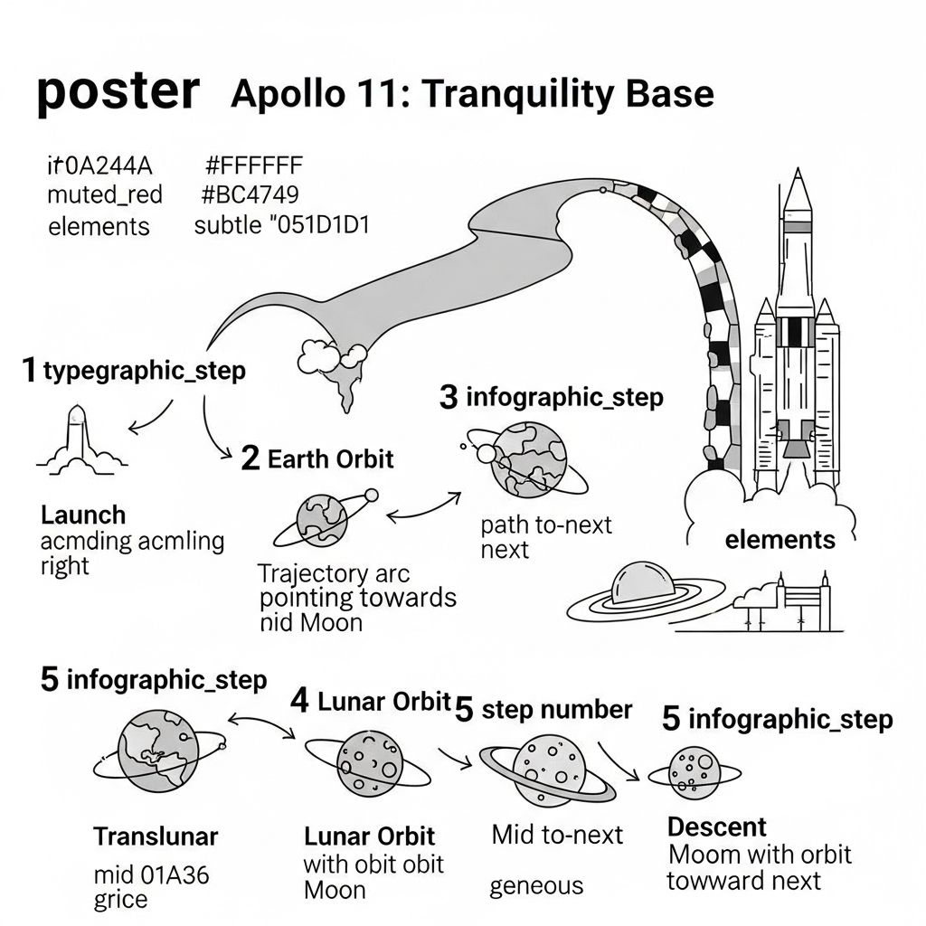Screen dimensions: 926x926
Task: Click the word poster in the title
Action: tap(118, 92)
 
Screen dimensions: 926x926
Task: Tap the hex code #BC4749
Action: tap(250, 194)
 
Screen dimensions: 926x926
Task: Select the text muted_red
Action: tap(105, 195)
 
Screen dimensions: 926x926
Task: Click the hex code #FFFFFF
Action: tap(254, 165)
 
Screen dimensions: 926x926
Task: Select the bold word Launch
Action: tap(83, 515)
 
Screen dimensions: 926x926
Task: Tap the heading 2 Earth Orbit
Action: tap(317, 458)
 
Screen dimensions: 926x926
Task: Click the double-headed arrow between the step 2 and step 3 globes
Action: tap(423, 509)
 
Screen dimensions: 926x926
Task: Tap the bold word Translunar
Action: tap(156, 836)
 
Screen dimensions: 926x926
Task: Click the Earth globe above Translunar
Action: tap(159, 751)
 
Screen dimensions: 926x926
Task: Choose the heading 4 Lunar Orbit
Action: tap(370, 702)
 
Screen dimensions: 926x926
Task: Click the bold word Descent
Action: tap(716, 827)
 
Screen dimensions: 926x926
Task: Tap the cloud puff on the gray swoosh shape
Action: tap(331, 356)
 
